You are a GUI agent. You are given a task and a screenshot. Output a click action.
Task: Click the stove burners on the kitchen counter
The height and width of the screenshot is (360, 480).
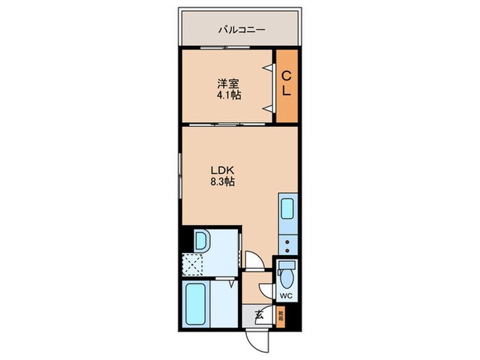[x=287, y=244]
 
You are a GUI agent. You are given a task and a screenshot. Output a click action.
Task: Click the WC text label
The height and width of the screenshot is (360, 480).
[x=287, y=296]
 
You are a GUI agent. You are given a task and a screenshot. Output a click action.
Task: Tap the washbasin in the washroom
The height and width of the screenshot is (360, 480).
[x=204, y=241]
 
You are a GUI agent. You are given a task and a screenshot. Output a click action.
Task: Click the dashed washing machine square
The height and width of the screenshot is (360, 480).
[x=193, y=264]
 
